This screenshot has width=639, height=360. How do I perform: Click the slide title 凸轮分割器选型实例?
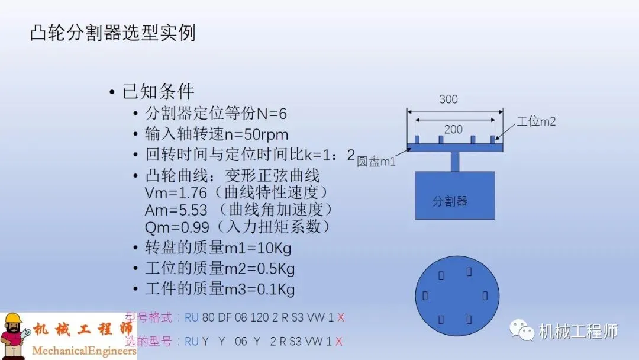(112, 33)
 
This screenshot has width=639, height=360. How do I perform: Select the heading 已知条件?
(158, 92)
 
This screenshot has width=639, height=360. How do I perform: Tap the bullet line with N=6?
(216, 113)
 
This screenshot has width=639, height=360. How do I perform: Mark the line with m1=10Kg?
(218, 247)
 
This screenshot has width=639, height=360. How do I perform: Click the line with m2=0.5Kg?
(220, 268)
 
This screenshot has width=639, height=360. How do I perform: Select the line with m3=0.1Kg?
(220, 289)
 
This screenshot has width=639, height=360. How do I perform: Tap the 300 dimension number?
(448, 99)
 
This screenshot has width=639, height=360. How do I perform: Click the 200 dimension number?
(453, 128)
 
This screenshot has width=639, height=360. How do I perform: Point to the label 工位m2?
(536, 121)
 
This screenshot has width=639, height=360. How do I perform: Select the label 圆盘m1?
(376, 162)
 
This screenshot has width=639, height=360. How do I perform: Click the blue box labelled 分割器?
(454, 195)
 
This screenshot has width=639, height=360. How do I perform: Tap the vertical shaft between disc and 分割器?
(454, 162)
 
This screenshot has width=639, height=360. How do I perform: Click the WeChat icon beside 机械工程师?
(522, 331)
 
